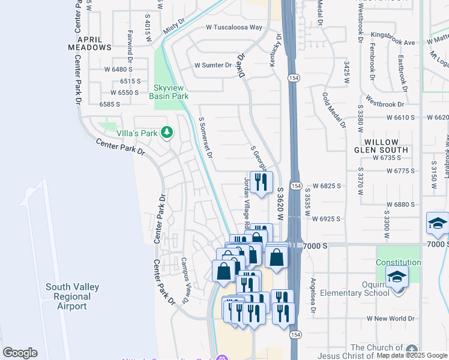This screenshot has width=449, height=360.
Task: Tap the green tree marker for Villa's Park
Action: [167, 132]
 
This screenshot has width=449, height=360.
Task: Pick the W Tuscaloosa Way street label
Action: [234, 28]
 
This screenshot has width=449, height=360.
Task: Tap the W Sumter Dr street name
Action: [212, 65]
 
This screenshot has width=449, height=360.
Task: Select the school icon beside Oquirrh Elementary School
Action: [397, 277]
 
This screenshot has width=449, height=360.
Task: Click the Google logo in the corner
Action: [20, 353]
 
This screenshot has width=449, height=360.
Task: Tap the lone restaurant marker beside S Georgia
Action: [261, 182]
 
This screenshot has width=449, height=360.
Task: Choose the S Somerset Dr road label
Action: [206, 137]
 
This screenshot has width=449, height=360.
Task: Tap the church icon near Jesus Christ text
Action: [411, 349]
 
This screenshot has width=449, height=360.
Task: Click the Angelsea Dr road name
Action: [313, 296]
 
